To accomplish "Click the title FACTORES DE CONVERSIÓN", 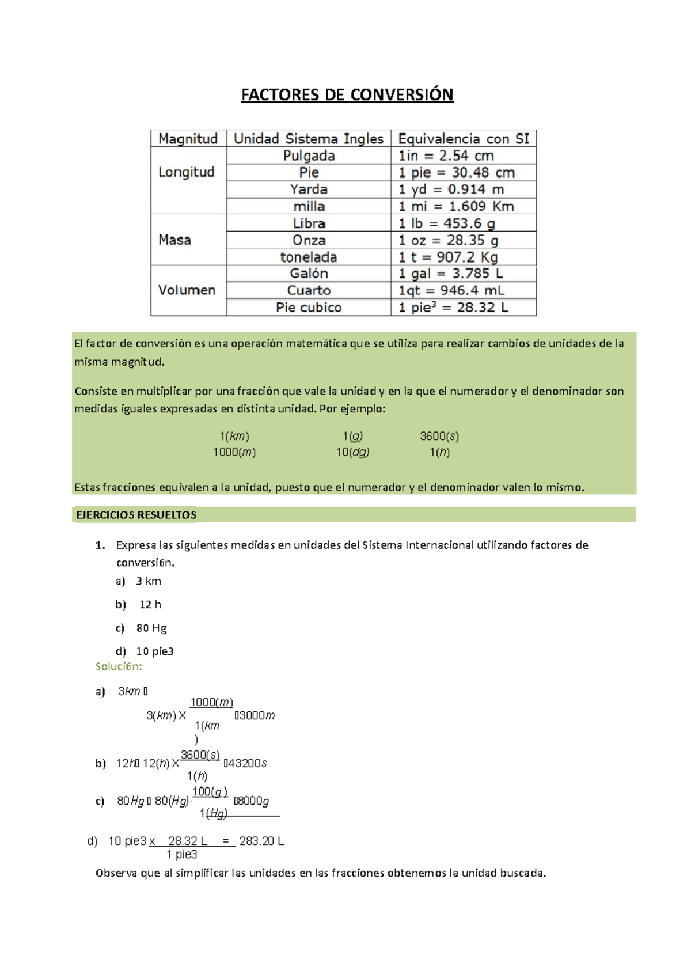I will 347,94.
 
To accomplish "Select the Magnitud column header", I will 188,139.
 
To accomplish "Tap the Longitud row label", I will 186,172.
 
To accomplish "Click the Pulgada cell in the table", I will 309,156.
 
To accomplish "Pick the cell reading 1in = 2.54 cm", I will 446,156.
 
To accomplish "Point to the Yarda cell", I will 309,189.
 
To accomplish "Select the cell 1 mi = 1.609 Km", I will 456,206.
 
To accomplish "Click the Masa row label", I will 174,240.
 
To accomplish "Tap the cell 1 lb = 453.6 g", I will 447,223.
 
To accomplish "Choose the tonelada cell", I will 309,257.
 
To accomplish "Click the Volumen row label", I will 187,290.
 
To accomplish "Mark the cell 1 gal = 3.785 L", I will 450,274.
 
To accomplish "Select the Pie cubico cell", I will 309,308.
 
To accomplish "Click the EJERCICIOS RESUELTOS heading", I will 136,515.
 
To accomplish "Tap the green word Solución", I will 119,666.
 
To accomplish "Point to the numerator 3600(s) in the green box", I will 439,436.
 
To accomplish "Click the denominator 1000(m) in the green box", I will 234,452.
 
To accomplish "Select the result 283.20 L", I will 261,841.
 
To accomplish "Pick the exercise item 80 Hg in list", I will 151,628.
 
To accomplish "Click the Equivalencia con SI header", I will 464,139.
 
